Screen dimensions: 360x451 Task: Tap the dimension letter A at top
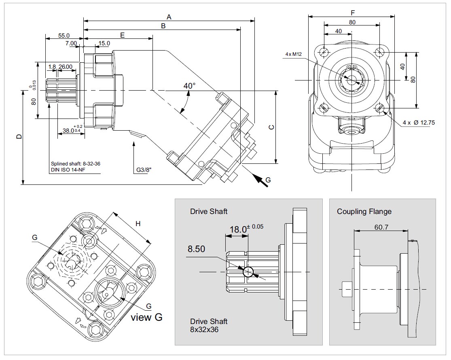click(169, 17)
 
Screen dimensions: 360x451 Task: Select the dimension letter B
click(163, 26)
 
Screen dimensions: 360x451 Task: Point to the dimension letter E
click(122, 35)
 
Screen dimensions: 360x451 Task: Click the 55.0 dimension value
click(64, 36)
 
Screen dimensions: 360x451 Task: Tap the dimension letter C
click(271, 127)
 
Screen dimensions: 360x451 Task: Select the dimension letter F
click(353, 13)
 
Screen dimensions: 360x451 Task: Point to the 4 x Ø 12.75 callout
click(419, 123)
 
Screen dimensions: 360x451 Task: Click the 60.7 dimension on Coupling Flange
click(381, 227)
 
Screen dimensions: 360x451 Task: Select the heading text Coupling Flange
click(364, 212)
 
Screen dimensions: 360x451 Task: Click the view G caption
click(146, 317)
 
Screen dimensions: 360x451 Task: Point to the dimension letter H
click(138, 224)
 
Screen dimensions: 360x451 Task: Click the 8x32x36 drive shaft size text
click(205, 330)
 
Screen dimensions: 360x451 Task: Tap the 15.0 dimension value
click(104, 43)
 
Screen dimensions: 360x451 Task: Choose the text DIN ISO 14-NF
click(68, 170)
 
